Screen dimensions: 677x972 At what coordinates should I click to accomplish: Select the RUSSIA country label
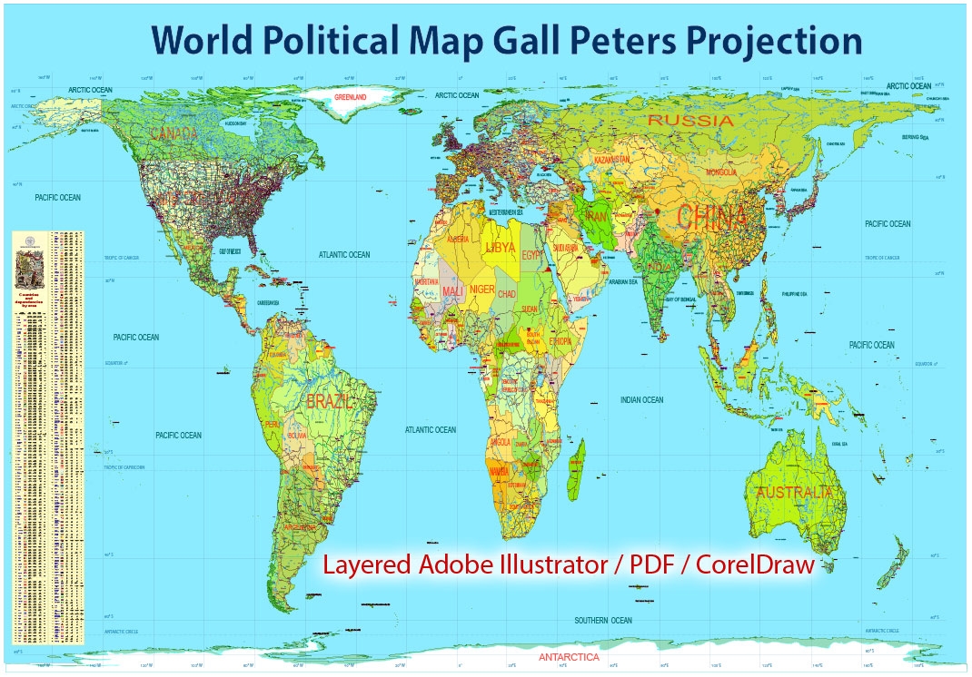[x=690, y=120]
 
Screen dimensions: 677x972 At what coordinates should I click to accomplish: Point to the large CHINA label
[x=712, y=217]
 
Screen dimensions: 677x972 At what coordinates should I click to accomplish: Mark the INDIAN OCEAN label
[x=641, y=400]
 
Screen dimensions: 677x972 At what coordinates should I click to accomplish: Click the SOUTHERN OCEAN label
[x=602, y=620]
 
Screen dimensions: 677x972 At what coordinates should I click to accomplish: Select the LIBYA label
[x=500, y=247]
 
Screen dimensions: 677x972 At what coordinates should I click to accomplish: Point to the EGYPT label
[x=533, y=256]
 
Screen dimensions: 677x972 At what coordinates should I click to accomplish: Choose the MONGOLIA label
[x=709, y=172]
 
